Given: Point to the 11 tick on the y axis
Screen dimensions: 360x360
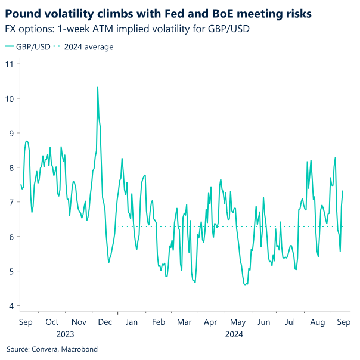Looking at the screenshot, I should tap(10, 64).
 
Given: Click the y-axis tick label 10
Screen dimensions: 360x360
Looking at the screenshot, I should tap(10, 98).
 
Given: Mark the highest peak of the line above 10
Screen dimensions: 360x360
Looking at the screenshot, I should tap(98, 87).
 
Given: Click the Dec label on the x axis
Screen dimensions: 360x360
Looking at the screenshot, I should tap(105, 322).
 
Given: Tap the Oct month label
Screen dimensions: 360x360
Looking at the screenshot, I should tap(52, 322).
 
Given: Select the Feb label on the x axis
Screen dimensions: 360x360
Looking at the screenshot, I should tap(159, 322).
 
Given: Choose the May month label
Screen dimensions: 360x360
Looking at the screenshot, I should tap(238, 322).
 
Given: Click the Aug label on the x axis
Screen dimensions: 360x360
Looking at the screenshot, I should tap(317, 322).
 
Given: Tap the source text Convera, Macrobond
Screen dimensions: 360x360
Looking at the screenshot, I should tap(52, 349).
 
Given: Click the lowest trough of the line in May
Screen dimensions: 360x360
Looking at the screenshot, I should tap(245, 285).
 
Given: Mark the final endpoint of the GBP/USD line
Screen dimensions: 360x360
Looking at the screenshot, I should tap(343, 191).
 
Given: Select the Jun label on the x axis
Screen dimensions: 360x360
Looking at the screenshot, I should tap(263, 322).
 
